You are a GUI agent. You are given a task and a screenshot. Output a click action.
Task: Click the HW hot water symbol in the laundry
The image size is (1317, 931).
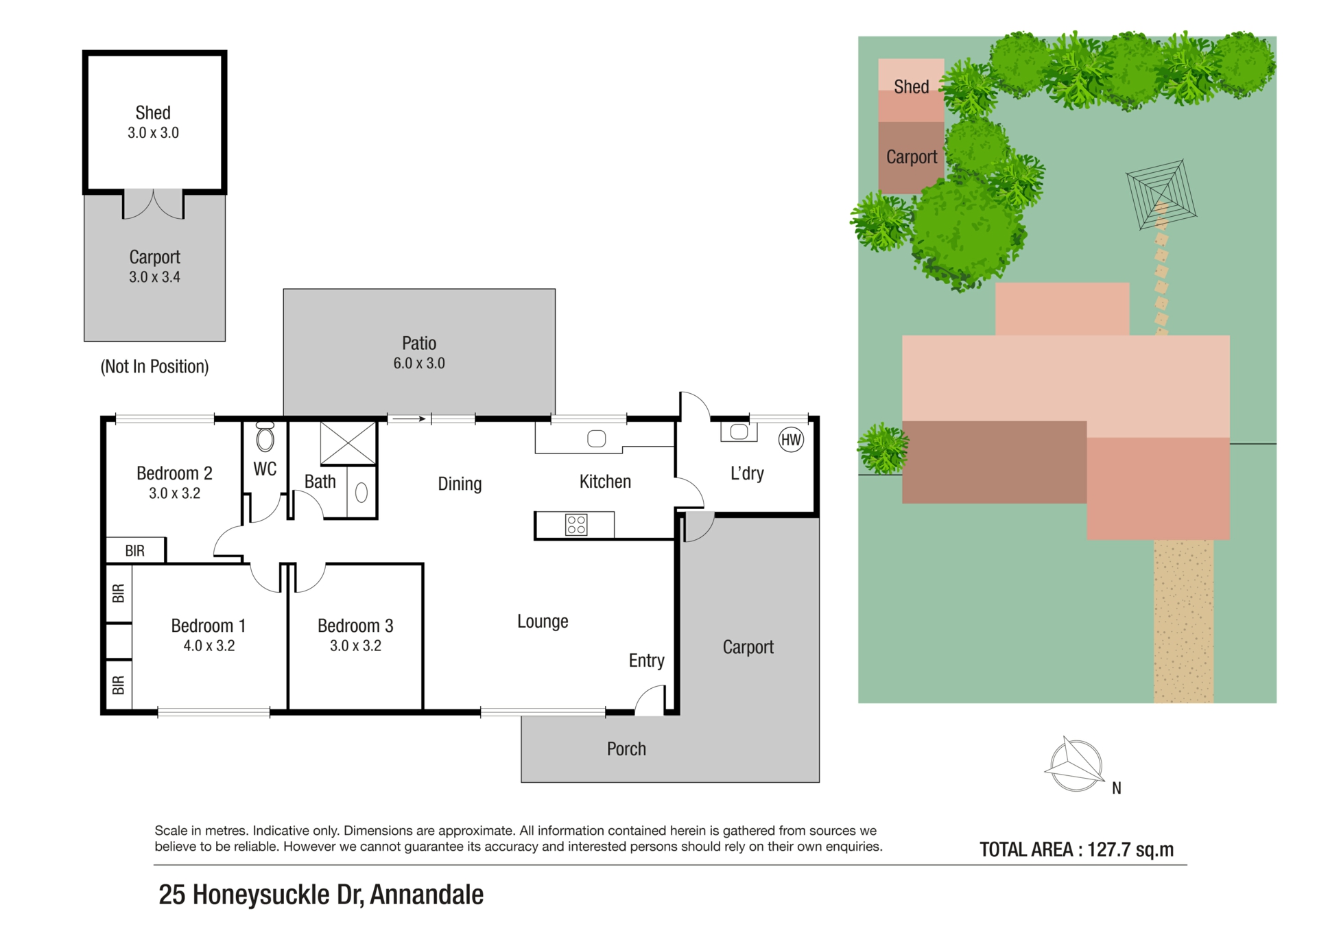[791, 440]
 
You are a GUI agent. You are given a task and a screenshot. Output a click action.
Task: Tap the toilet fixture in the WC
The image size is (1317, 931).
[265, 436]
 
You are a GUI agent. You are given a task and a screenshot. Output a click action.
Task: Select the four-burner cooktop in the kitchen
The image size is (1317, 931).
[576, 525]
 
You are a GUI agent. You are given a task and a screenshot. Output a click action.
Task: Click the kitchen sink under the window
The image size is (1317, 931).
[596, 438]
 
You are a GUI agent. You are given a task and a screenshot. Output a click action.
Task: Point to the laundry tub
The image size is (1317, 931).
[739, 432]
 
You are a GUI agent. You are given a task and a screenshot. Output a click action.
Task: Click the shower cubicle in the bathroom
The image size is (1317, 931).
[348, 443]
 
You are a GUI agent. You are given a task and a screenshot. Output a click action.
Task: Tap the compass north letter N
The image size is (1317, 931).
[1117, 788]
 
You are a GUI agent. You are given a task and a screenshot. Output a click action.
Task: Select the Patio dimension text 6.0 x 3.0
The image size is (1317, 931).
[419, 364]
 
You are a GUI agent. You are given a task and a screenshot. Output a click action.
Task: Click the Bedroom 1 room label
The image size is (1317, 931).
[209, 626]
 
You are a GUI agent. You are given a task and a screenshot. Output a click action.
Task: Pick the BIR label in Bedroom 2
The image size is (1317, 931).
[135, 551]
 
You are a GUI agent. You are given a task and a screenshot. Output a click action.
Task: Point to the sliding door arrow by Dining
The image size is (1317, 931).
[410, 419]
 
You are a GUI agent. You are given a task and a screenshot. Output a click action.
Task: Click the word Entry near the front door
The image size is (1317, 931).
[647, 661]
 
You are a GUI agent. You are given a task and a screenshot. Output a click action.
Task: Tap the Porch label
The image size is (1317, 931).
[626, 749]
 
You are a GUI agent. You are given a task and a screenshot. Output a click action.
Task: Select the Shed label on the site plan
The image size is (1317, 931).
[912, 87]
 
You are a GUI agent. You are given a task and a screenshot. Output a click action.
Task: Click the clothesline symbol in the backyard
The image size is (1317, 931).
[1161, 196]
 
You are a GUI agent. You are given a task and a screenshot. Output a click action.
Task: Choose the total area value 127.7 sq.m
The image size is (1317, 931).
[1130, 850]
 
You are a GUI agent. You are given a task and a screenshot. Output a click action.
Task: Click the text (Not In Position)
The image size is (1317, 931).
[155, 366]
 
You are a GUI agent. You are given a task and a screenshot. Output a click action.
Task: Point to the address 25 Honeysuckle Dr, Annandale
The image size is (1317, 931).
[321, 895]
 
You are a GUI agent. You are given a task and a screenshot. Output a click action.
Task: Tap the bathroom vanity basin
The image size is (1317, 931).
[361, 492]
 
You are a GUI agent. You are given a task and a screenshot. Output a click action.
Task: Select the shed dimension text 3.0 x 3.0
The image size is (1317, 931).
[153, 133]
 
